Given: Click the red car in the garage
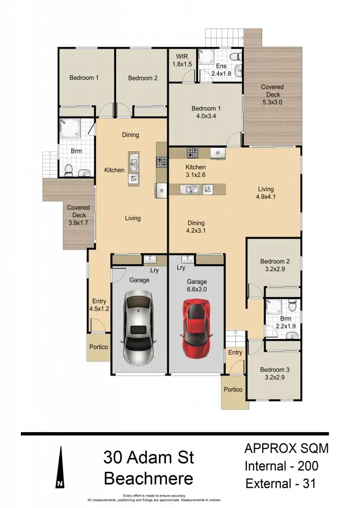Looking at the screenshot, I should pos(197,328).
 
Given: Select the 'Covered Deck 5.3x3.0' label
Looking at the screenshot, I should pos(273,95).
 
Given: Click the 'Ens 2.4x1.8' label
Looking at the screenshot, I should pos(221,69).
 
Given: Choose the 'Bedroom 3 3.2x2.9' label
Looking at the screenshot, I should pos(275,374).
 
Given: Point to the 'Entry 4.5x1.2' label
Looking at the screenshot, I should pos(99,305).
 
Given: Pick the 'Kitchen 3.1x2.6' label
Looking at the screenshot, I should pos(195,171).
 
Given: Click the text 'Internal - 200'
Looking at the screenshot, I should pos(282,466).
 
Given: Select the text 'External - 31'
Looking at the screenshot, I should pos(281,483).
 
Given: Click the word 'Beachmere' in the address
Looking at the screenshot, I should pos(148,479).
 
